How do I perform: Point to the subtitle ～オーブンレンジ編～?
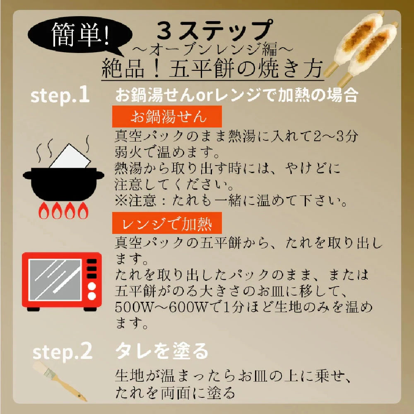(212, 49)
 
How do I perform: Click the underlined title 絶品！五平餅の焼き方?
(212, 68)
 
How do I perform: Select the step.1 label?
(60, 95)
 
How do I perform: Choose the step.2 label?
(63, 351)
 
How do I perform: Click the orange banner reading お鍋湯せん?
(167, 116)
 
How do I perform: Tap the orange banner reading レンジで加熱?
(167, 223)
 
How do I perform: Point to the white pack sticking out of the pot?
(70, 156)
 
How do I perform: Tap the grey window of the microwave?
(55, 279)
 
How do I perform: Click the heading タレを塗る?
(162, 351)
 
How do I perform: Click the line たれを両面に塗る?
(175, 393)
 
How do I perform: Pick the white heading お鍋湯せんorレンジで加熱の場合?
(237, 95)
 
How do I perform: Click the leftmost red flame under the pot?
(44, 211)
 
